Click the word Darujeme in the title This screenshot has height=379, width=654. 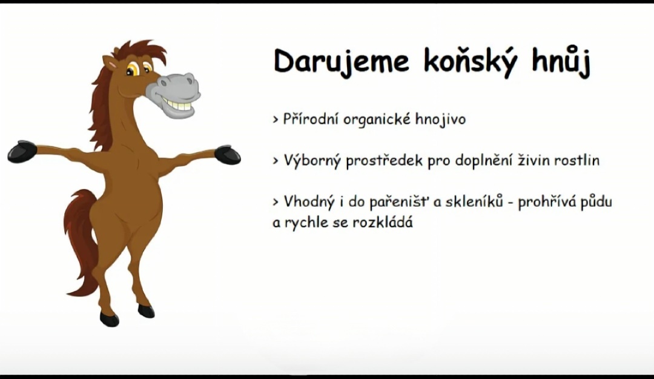click(x=342, y=62)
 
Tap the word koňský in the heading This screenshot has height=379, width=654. click(x=471, y=62)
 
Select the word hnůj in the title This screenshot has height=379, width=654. click(x=561, y=62)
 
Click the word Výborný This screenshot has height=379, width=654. click(x=312, y=161)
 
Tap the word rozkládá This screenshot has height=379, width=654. click(x=383, y=223)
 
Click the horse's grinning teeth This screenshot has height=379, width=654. click(x=177, y=104)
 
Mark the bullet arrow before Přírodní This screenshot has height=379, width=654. click(x=276, y=120)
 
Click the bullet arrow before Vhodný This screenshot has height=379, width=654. click(x=276, y=203)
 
